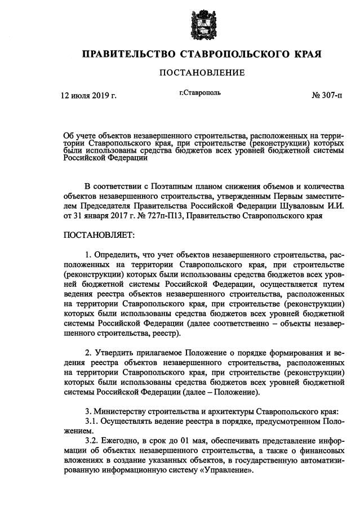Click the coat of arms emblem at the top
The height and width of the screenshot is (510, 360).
point(201,24)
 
